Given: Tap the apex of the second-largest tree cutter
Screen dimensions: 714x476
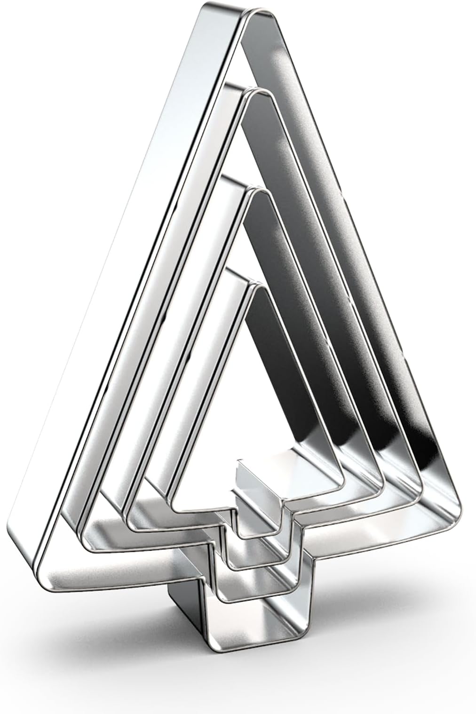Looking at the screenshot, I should coord(259,94).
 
